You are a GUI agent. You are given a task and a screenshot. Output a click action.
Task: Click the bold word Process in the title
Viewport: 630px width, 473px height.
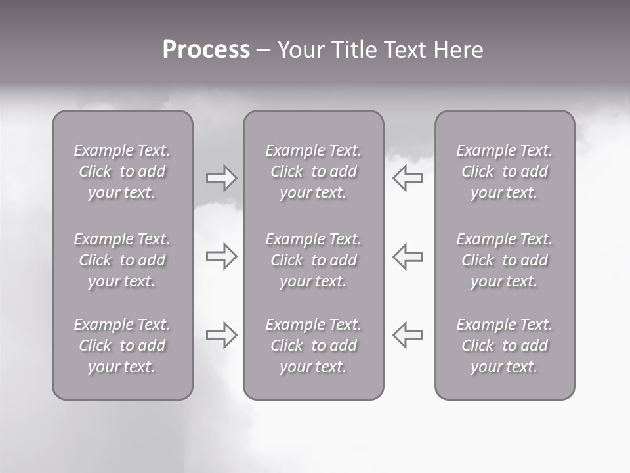click(206, 50)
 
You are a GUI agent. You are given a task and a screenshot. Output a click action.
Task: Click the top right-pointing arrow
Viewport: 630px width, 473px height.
click(222, 178)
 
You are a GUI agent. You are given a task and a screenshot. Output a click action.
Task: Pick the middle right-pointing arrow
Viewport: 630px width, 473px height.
click(222, 256)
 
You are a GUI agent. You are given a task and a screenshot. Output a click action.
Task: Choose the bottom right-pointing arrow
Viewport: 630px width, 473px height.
click(222, 335)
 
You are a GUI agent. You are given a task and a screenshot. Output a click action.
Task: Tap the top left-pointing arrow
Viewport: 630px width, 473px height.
click(408, 178)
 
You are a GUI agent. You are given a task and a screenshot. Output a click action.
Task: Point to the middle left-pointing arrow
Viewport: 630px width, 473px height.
click(408, 256)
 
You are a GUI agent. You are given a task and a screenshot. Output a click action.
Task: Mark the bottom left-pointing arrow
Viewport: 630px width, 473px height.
click(408, 335)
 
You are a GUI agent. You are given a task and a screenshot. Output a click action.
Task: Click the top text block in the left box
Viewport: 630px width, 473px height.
click(122, 171)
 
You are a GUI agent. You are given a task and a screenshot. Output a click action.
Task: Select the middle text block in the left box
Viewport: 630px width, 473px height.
click(122, 260)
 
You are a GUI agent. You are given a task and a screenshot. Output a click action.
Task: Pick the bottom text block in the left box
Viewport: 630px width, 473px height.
click(122, 346)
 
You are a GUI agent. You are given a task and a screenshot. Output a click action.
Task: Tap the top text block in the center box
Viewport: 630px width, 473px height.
click(314, 171)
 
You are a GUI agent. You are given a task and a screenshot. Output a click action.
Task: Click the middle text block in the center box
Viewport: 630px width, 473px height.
click(314, 260)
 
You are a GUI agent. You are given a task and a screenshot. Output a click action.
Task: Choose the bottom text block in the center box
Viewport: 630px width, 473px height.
click(314, 346)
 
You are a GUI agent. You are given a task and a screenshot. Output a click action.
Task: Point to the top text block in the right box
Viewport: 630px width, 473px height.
click(505, 171)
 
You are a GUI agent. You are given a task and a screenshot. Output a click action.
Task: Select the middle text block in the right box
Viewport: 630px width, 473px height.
click(505, 260)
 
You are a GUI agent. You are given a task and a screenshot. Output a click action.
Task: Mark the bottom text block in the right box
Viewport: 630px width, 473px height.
click(505, 346)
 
